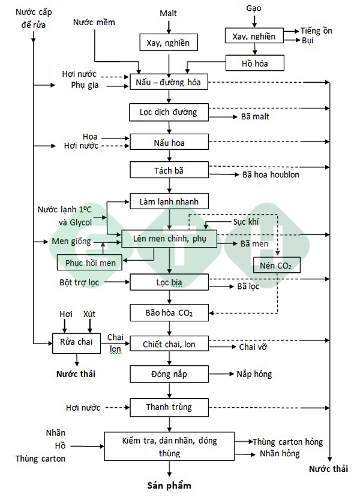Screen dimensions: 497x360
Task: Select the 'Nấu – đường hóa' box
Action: [169, 82]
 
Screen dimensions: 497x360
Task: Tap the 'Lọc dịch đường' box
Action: [169, 112]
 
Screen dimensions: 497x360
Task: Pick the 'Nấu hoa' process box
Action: [169, 141]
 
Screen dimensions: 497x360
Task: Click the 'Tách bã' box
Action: [169, 170]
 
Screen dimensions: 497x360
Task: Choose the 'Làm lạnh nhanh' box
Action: [169, 201]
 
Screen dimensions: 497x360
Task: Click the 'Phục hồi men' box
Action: [89, 261]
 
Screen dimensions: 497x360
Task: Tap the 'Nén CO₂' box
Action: [277, 264]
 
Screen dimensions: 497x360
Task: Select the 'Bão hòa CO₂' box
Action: [169, 312]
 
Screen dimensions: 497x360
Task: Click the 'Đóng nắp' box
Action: [169, 373]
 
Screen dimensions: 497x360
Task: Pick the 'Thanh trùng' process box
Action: [169, 407]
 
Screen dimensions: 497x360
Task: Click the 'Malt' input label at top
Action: [169, 13]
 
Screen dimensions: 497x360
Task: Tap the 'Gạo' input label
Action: [254, 8]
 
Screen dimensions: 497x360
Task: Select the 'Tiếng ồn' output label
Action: [316, 31]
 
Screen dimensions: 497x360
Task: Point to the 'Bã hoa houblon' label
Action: [271, 174]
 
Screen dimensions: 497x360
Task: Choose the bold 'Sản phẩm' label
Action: [169, 485]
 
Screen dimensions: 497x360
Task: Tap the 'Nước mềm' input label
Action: [94, 22]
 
